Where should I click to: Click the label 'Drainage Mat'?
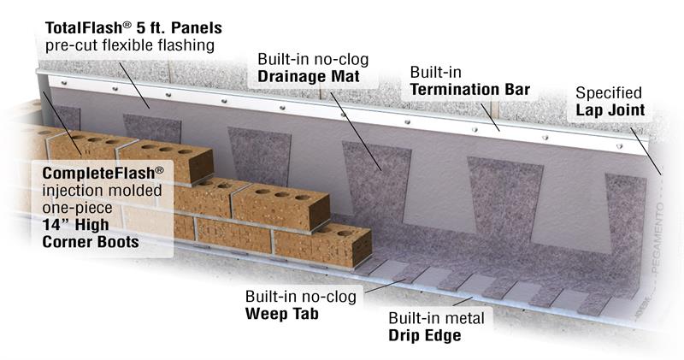(x=309, y=76)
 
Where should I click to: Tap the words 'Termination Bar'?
(x=469, y=90)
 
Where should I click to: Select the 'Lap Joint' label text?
(x=610, y=110)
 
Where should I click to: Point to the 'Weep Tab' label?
(x=282, y=314)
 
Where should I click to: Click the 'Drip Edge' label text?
(x=425, y=335)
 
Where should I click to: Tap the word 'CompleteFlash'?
(x=103, y=174)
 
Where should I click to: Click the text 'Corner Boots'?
(x=91, y=242)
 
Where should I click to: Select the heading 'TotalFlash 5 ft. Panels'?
(x=133, y=28)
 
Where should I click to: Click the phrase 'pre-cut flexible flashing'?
(x=130, y=45)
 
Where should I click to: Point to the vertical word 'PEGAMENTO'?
(x=658, y=239)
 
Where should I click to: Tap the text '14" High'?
(x=75, y=225)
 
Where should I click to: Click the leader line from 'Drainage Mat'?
(x=356, y=131)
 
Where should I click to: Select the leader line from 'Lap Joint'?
(x=646, y=151)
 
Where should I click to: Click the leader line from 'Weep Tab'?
(x=386, y=286)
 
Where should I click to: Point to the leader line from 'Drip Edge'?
(x=463, y=301)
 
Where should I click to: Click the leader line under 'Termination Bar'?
(x=490, y=117)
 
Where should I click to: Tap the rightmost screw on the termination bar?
(x=619, y=145)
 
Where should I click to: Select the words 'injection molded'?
(x=102, y=191)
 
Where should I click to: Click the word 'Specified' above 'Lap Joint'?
(x=609, y=93)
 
